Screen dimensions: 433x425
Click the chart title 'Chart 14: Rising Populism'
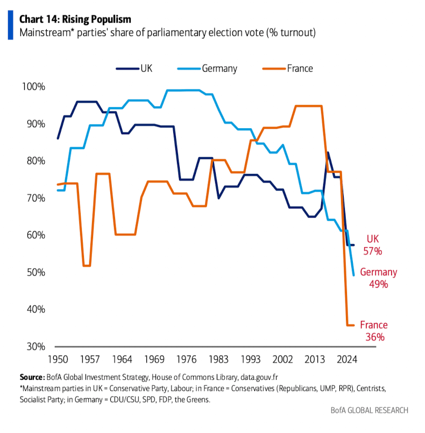pos(75,19)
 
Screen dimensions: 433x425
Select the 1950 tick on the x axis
pos(57,358)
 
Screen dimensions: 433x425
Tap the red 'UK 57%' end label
pos(374,245)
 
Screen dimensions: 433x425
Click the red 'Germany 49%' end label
pos(378,278)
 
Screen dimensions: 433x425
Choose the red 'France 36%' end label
pos(373,331)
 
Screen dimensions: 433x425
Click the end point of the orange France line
pos(353,325)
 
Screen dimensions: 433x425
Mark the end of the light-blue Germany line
pos(353,275)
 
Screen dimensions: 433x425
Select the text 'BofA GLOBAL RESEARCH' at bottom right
pos(369,410)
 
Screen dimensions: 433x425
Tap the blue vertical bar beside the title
pos(10,26)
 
